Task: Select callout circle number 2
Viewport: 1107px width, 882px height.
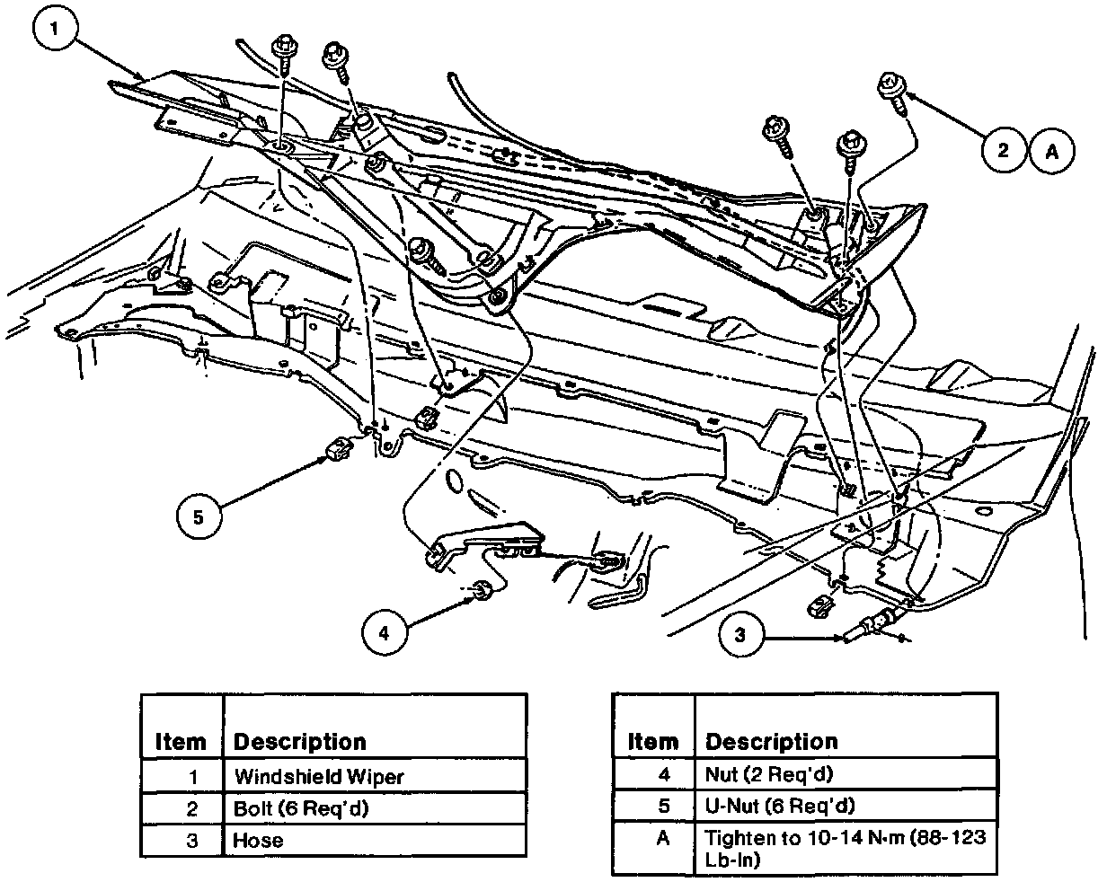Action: (x=1002, y=150)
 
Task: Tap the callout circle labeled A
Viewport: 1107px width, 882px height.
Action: (x=1050, y=150)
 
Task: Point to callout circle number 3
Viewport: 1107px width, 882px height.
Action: (x=740, y=636)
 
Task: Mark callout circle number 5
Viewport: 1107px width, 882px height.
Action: (x=199, y=517)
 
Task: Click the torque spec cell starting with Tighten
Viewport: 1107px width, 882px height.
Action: (x=845, y=849)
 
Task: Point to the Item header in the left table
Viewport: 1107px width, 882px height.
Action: (x=181, y=742)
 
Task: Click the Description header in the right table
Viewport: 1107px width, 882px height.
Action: (x=771, y=742)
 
